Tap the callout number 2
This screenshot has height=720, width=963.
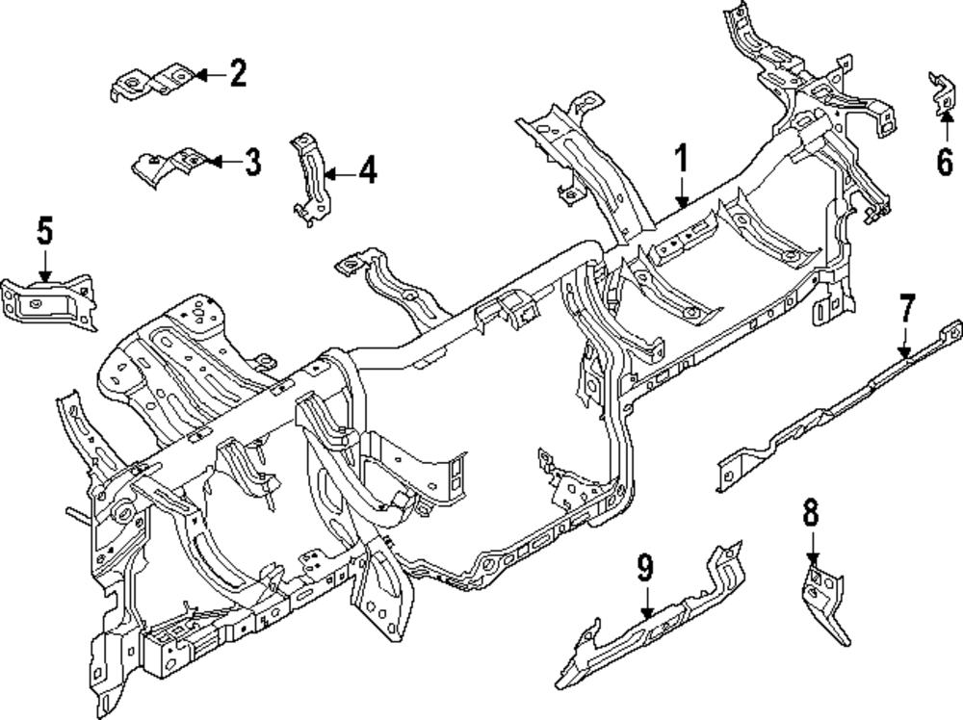click(x=238, y=73)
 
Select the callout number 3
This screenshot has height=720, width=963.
click(x=251, y=162)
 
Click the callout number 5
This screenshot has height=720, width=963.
click(x=45, y=231)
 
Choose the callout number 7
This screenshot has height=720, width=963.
click(x=906, y=310)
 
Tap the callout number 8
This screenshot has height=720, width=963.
click(x=811, y=513)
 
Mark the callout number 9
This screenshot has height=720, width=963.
click(x=644, y=568)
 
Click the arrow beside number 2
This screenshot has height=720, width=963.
click(x=211, y=73)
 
